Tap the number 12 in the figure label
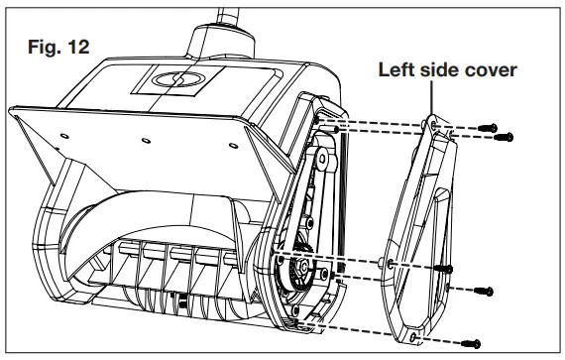pos(73,48)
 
